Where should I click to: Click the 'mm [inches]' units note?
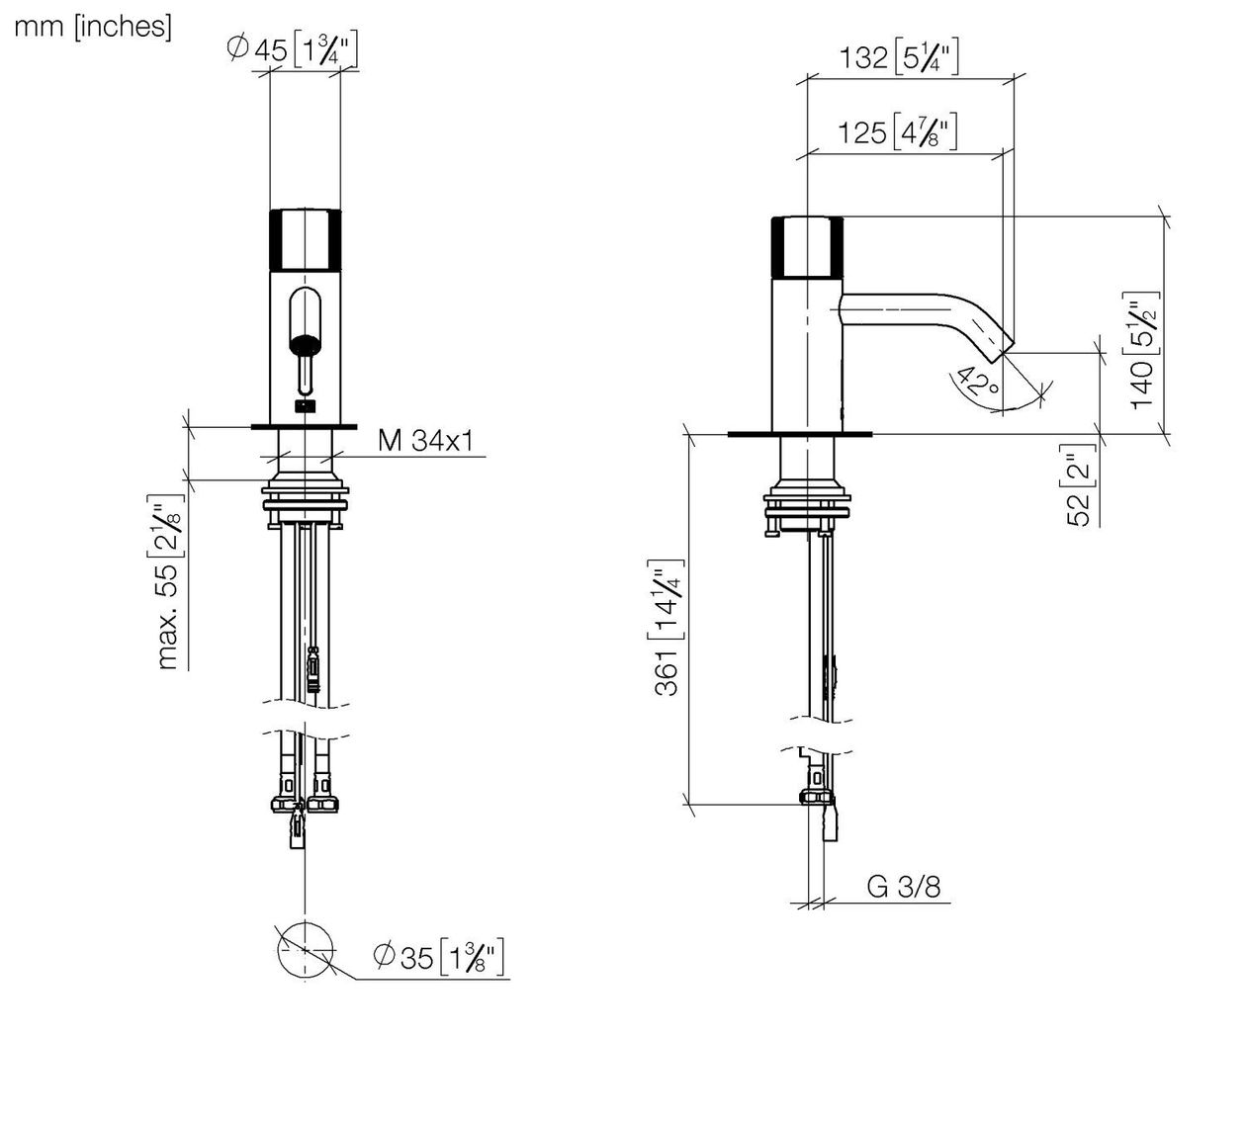coord(93,27)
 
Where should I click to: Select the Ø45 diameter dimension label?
coord(293,49)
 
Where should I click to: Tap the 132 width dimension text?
coord(899,57)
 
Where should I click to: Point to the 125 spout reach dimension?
coord(898,131)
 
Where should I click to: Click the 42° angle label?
coord(978,382)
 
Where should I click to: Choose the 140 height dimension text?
coord(1141,351)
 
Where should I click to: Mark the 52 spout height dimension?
coord(1082,485)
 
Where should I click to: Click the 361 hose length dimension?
coord(668,628)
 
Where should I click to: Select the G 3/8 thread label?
coord(904,887)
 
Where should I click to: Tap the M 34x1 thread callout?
coord(425,440)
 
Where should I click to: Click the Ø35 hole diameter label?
coord(438,957)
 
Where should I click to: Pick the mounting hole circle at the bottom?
coord(306,950)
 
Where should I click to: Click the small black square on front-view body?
coord(305,406)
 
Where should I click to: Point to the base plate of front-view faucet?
coord(305,427)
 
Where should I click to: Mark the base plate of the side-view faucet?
coord(800,434)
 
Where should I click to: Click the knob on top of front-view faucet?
coord(305,239)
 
